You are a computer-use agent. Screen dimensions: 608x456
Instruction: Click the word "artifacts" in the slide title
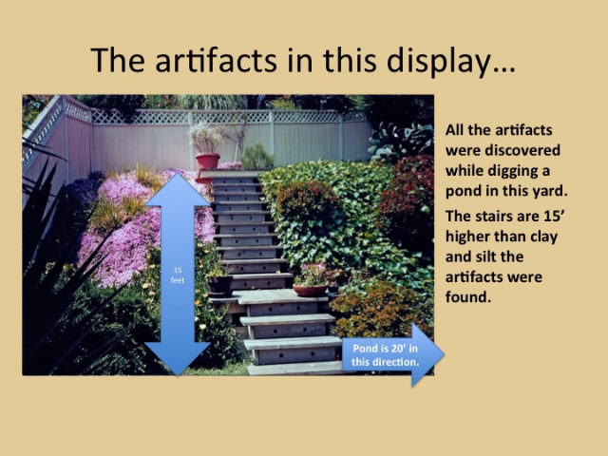pyautogui.click(x=216, y=61)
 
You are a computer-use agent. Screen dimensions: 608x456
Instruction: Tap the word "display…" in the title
pyautogui.click(x=451, y=62)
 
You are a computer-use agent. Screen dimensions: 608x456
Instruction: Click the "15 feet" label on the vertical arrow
pyautogui.click(x=178, y=275)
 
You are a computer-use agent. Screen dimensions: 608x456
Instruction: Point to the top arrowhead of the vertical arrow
pyautogui.click(x=178, y=189)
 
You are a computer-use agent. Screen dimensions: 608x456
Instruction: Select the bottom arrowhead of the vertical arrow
pyautogui.click(x=178, y=359)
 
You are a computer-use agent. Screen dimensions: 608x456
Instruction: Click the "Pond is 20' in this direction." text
pyautogui.click(x=385, y=355)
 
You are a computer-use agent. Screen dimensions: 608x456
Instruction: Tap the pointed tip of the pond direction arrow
pyautogui.click(x=444, y=354)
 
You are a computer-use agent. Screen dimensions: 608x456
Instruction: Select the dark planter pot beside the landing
pyautogui.click(x=219, y=285)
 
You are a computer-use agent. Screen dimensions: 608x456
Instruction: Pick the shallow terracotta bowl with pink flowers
pyautogui.click(x=311, y=290)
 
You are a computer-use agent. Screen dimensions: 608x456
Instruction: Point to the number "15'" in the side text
pyautogui.click(x=554, y=216)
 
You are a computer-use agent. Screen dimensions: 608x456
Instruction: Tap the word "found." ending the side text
pyautogui.click(x=468, y=297)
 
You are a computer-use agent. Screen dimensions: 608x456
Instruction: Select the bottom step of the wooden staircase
pyautogui.click(x=295, y=368)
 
